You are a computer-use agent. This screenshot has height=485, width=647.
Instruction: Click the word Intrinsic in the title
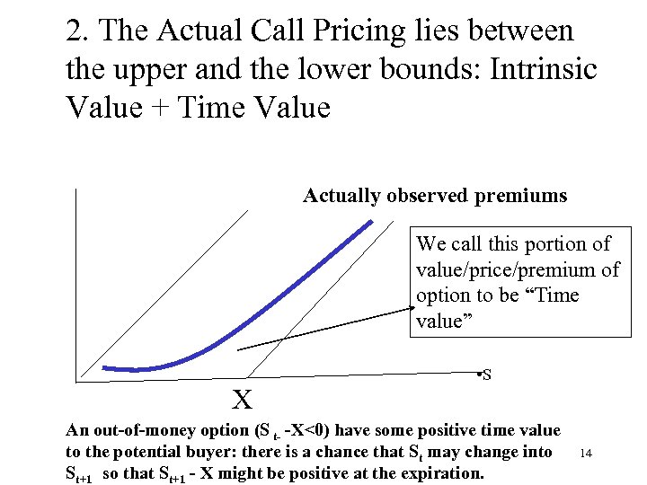point(532,69)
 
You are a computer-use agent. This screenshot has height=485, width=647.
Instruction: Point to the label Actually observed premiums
point(435,195)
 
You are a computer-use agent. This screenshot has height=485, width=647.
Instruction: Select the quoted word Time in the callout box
point(557,295)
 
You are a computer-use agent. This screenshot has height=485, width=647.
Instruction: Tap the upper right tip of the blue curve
point(369,223)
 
